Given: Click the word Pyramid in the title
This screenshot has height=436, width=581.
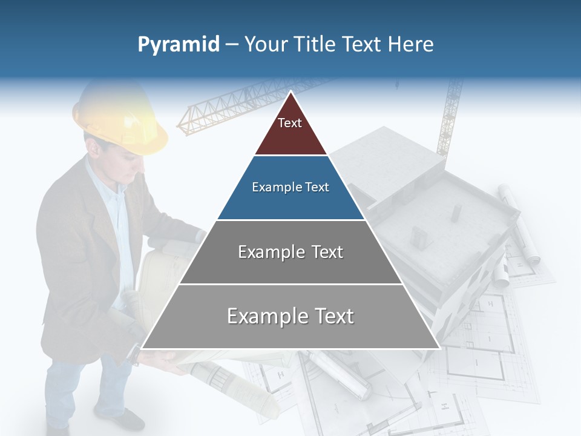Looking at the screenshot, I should tap(178, 45).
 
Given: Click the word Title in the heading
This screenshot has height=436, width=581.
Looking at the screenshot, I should tap(314, 45).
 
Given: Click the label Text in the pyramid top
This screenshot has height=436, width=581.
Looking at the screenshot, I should tap(290, 123).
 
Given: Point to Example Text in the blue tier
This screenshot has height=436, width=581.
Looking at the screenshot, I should tap(290, 187).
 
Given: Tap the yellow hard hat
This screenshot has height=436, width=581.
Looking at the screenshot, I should tap(121, 118).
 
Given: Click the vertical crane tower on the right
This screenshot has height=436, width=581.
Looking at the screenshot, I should tap(450, 115).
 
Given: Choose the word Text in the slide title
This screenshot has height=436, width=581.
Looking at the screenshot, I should tap(361, 45).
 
